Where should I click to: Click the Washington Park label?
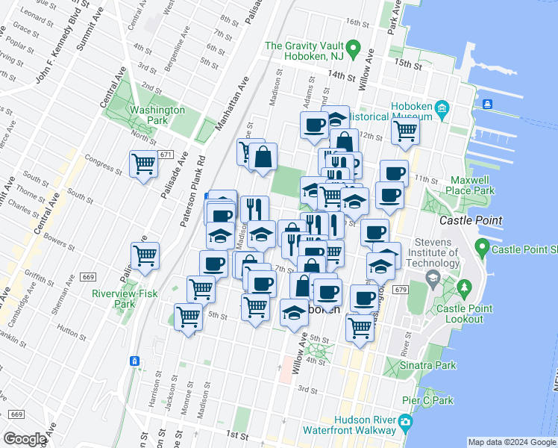tap(157, 115)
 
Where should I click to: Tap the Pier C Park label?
tap(427, 400)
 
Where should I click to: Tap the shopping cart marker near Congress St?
tap(143, 164)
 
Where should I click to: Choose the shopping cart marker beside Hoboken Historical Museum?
tap(405, 131)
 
